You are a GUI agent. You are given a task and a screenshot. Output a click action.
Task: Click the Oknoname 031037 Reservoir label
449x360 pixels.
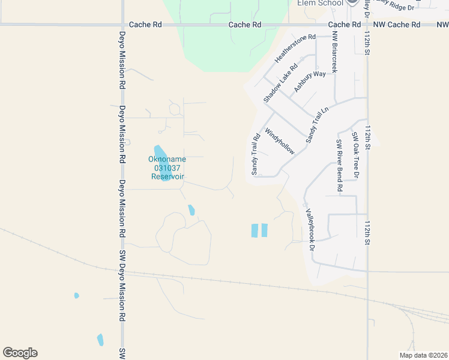(x=167, y=168)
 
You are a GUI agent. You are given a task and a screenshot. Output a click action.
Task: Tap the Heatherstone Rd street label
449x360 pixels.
(x=295, y=49)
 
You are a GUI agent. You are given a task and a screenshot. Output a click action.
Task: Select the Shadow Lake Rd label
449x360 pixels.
(x=280, y=83)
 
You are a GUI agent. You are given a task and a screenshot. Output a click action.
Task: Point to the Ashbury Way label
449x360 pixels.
(x=310, y=82)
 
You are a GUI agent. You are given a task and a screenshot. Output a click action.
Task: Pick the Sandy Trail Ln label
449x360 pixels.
(x=318, y=125)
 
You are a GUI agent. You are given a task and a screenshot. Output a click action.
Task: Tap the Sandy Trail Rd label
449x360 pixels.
(x=255, y=154)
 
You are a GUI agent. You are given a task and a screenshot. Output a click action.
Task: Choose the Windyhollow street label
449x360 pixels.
(x=280, y=140)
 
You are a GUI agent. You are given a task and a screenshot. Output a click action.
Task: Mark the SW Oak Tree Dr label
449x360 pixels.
(x=355, y=155)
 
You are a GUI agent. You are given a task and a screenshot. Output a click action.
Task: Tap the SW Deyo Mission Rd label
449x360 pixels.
(x=122, y=286)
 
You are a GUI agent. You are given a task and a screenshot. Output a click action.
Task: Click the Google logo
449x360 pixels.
(x=20, y=353)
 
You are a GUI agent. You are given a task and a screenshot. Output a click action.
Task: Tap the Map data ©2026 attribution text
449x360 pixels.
(x=423, y=355)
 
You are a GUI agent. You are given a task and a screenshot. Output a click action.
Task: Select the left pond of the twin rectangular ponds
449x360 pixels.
(x=255, y=230)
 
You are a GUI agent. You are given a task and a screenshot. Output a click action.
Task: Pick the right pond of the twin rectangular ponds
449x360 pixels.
(x=265, y=230)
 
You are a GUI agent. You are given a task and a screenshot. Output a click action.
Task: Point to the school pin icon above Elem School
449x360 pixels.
(x=352, y=2)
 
